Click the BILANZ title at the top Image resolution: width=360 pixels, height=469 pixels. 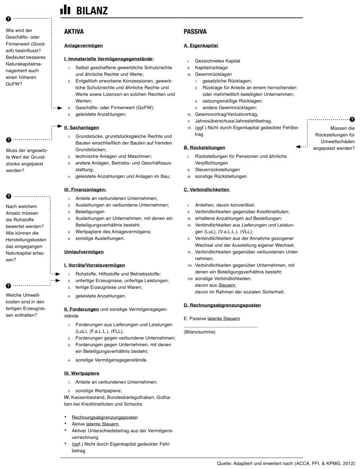click(92, 10)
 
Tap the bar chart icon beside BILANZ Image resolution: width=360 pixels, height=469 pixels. click(66, 9)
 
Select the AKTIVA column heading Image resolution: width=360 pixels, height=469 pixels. click(74, 32)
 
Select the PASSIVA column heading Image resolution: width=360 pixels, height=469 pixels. click(195, 32)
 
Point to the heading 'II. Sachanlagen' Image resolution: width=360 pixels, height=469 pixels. click(81, 127)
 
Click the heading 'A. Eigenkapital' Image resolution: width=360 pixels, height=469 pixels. click(201, 46)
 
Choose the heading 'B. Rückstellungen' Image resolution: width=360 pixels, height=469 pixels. click(204, 148)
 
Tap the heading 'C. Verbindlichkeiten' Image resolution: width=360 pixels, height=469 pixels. click(206, 190)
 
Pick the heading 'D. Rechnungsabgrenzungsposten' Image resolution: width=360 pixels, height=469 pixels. click(222, 305)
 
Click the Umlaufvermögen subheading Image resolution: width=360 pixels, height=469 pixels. click(83, 252)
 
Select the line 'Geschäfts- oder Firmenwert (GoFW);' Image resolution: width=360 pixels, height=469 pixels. click(115, 107)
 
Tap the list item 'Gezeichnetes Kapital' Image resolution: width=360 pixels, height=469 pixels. click(217, 61)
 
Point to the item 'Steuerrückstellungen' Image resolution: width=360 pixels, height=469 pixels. click(217, 169)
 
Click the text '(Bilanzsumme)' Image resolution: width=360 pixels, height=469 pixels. click(199, 331)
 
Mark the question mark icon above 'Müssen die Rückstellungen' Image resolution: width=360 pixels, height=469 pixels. click(352, 119)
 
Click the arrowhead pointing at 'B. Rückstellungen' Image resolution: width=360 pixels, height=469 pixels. click(299, 147)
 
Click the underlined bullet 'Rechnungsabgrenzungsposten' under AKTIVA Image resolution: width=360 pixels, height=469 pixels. click(105, 417)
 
